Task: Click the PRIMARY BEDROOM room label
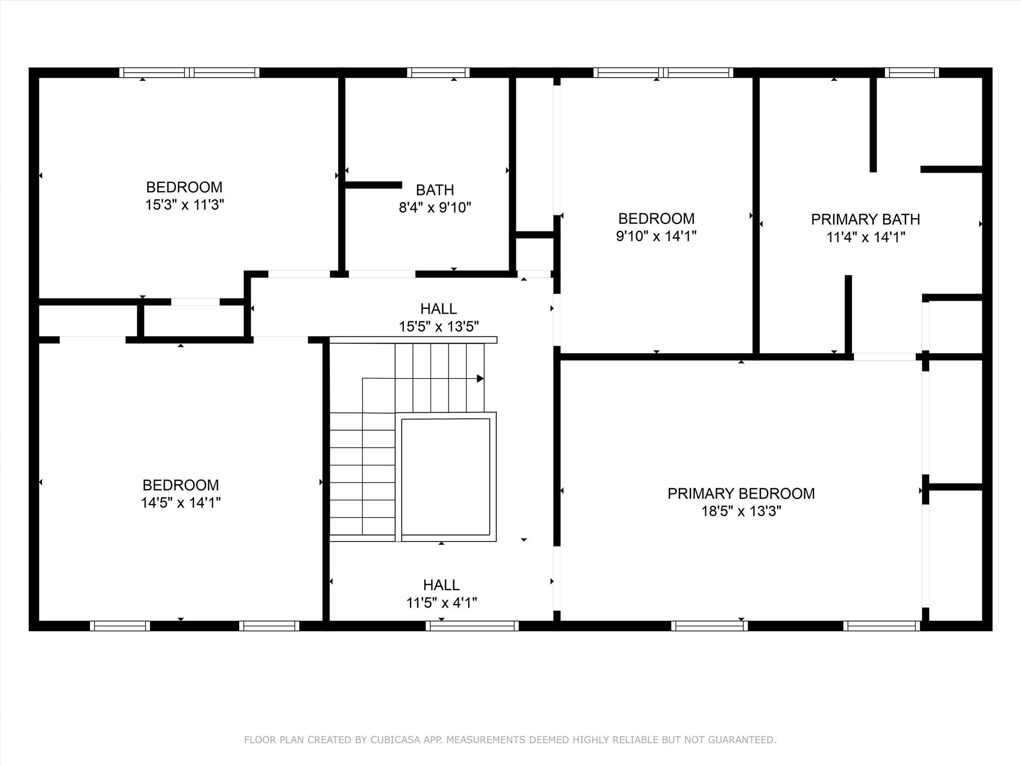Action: pyautogui.click(x=741, y=494)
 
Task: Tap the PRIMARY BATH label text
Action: pyautogui.click(x=865, y=219)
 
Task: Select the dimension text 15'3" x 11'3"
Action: pyautogui.click(x=184, y=205)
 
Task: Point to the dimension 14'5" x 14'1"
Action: pyautogui.click(x=180, y=503)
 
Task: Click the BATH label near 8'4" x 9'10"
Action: pyautogui.click(x=435, y=190)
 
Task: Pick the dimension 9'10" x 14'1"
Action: pyautogui.click(x=656, y=236)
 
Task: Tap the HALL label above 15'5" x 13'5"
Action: pyautogui.click(x=439, y=309)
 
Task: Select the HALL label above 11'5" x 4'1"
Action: pyautogui.click(x=441, y=585)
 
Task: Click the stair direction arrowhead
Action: pyautogui.click(x=480, y=379)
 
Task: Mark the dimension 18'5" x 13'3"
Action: pyautogui.click(x=741, y=512)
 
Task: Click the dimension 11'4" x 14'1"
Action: pyautogui.click(x=865, y=237)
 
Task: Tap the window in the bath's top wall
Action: pyautogui.click(x=438, y=73)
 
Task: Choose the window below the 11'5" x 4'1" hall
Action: pyautogui.click(x=472, y=626)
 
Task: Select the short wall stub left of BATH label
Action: pyautogui.click(x=373, y=185)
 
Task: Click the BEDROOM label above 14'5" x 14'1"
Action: pyautogui.click(x=180, y=485)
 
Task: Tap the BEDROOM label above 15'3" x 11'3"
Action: pyautogui.click(x=184, y=188)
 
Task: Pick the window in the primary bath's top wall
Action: pyautogui.click(x=912, y=73)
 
